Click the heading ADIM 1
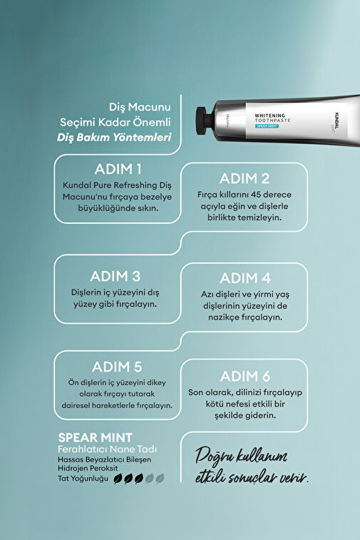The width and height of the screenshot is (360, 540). click(118, 169)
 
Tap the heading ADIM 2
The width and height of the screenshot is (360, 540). click(245, 178)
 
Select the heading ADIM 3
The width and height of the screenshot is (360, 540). click(115, 276)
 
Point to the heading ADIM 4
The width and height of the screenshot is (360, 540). click(245, 278)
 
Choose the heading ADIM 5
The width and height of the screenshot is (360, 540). click(117, 367)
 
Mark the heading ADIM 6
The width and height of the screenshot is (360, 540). click(245, 377)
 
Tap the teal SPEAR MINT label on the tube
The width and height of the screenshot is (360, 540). click(267, 126)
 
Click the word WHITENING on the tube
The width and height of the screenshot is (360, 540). click(270, 116)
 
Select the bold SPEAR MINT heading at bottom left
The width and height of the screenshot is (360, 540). click(95, 438)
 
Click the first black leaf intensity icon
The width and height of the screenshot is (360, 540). click(118, 479)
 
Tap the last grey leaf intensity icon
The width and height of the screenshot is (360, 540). click(160, 479)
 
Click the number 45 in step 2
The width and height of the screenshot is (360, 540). click(256, 194)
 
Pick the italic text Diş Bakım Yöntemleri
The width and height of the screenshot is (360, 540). click(114, 138)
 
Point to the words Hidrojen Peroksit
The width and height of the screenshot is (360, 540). click(88, 469)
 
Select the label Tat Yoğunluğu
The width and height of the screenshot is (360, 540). click(83, 479)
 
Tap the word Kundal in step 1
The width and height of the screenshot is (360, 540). click(77, 185)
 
